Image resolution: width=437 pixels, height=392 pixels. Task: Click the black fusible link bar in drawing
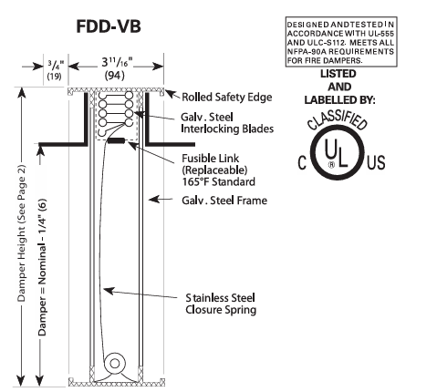tap(117, 141)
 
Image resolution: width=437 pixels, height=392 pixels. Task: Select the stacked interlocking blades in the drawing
tap(114, 113)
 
